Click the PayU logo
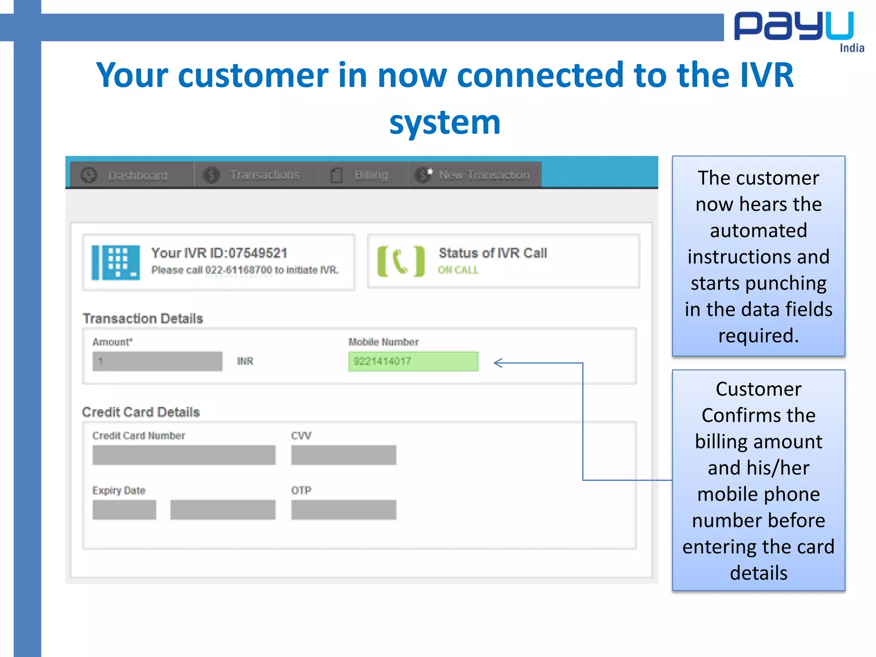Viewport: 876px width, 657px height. (793, 27)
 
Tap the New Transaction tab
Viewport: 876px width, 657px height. (475, 175)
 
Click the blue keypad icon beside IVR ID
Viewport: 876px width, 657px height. (116, 262)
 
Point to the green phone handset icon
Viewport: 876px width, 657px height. (401, 261)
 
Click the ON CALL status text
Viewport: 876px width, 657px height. (458, 270)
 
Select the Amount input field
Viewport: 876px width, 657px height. (157, 361)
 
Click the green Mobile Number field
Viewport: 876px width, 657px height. (413, 361)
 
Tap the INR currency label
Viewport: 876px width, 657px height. (245, 361)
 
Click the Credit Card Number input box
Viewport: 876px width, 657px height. (184, 455)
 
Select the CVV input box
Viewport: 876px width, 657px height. (343, 455)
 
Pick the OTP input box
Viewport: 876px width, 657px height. (343, 510)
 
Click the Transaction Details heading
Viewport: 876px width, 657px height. (143, 319)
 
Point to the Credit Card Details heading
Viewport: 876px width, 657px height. (141, 412)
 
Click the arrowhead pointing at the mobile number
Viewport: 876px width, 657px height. (497, 363)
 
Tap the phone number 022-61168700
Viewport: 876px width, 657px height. (238, 270)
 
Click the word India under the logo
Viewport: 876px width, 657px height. (852, 48)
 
